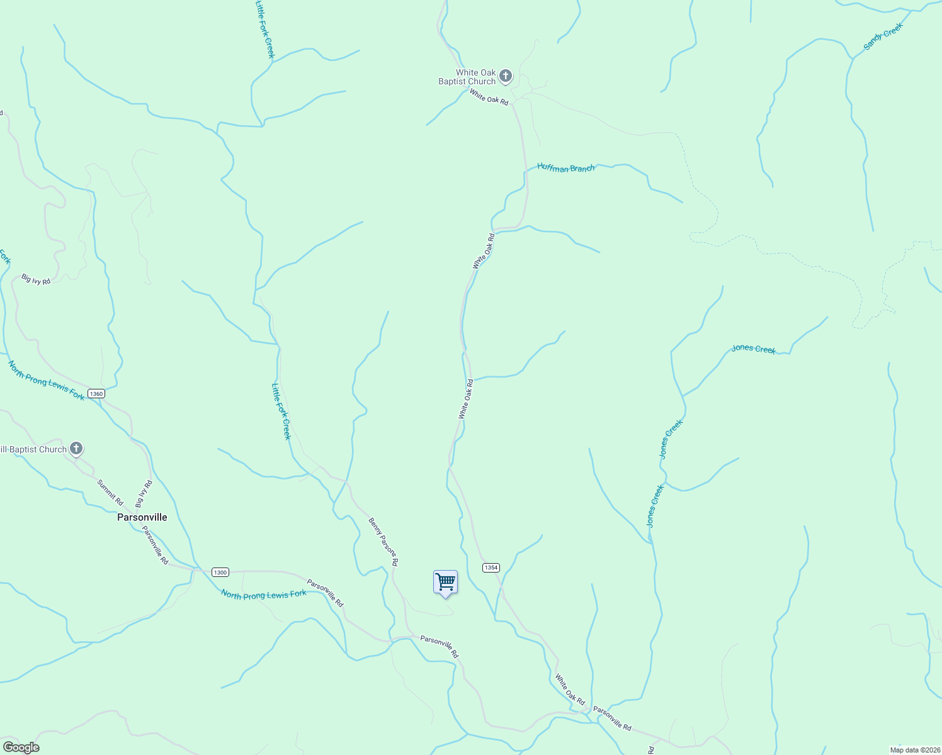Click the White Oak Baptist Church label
[x=467, y=77]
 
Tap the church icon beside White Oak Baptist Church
[x=505, y=77]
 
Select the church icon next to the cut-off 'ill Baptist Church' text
[x=76, y=449]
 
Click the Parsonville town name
[x=142, y=517]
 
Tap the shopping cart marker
[x=445, y=583]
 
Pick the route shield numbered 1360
[x=96, y=394]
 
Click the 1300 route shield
[x=220, y=572]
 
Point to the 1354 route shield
[x=491, y=568]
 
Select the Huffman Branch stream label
[x=565, y=168]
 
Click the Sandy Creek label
[x=883, y=36]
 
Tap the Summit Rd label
[x=110, y=492]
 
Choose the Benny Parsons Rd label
[x=383, y=542]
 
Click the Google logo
[x=21, y=747]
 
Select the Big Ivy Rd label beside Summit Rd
[x=144, y=494]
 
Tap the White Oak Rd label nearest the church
[x=489, y=97]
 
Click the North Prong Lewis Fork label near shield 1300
[x=264, y=595]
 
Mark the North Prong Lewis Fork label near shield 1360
[x=46, y=380]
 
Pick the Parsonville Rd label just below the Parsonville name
[x=155, y=545]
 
